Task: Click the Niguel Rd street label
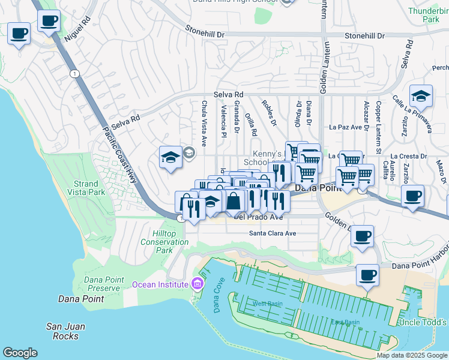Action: [x=77, y=28]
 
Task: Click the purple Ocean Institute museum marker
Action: [x=196, y=284]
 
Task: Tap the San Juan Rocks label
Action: [x=65, y=331]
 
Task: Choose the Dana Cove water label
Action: [x=218, y=296]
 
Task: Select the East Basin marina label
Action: [x=345, y=322]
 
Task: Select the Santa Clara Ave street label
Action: [x=273, y=233]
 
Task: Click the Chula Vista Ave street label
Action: [x=204, y=124]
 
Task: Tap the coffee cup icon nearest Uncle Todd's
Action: [x=367, y=275]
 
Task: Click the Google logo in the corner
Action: [x=20, y=353]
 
